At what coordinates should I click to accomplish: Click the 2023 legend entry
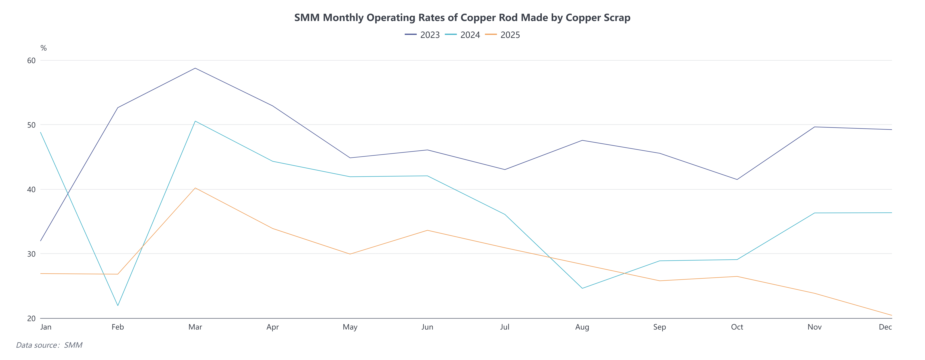point(422,35)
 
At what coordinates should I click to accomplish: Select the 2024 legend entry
point(462,35)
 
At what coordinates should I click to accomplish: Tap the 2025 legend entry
point(503,35)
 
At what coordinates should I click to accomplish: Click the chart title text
point(462,18)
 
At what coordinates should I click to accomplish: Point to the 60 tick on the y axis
point(32,60)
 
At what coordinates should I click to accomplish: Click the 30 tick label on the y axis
point(32,254)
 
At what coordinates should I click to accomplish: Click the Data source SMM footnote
point(49,345)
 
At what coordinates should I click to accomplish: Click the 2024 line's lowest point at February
point(118,305)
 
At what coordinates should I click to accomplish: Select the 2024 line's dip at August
point(582,288)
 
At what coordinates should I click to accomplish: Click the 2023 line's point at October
point(737,179)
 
